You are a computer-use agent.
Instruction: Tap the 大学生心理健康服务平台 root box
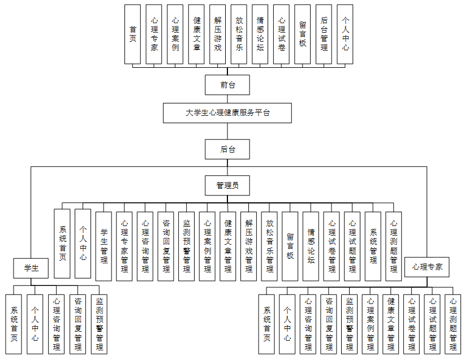click(x=227, y=112)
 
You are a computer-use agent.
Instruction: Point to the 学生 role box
click(x=31, y=268)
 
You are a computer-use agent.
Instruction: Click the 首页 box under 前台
click(x=133, y=34)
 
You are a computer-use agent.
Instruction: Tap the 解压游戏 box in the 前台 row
click(x=218, y=34)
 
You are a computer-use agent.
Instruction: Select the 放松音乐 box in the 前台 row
click(x=239, y=34)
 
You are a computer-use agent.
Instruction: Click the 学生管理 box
click(x=104, y=246)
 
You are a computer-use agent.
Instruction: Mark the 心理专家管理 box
click(x=124, y=246)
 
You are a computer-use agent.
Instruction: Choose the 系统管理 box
click(x=373, y=246)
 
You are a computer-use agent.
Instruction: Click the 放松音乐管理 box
click(x=269, y=246)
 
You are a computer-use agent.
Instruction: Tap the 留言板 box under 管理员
click(x=290, y=246)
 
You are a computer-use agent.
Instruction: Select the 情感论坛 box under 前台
click(x=260, y=34)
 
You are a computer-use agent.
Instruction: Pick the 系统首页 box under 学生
click(x=14, y=324)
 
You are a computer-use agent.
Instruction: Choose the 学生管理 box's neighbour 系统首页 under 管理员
click(x=62, y=243)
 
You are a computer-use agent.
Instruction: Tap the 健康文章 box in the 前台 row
click(x=196, y=34)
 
